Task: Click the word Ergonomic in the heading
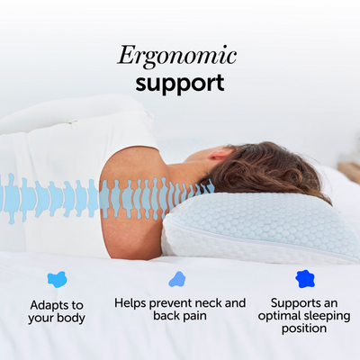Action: coord(176,56)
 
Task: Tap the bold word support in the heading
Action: coord(179,84)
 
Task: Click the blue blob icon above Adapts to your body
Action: coord(57,279)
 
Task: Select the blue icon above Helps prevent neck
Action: coord(177,279)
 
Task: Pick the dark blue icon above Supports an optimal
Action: coord(306,279)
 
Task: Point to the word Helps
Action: coord(132,303)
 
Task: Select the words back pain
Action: coord(180,318)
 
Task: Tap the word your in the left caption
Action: coord(41,318)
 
